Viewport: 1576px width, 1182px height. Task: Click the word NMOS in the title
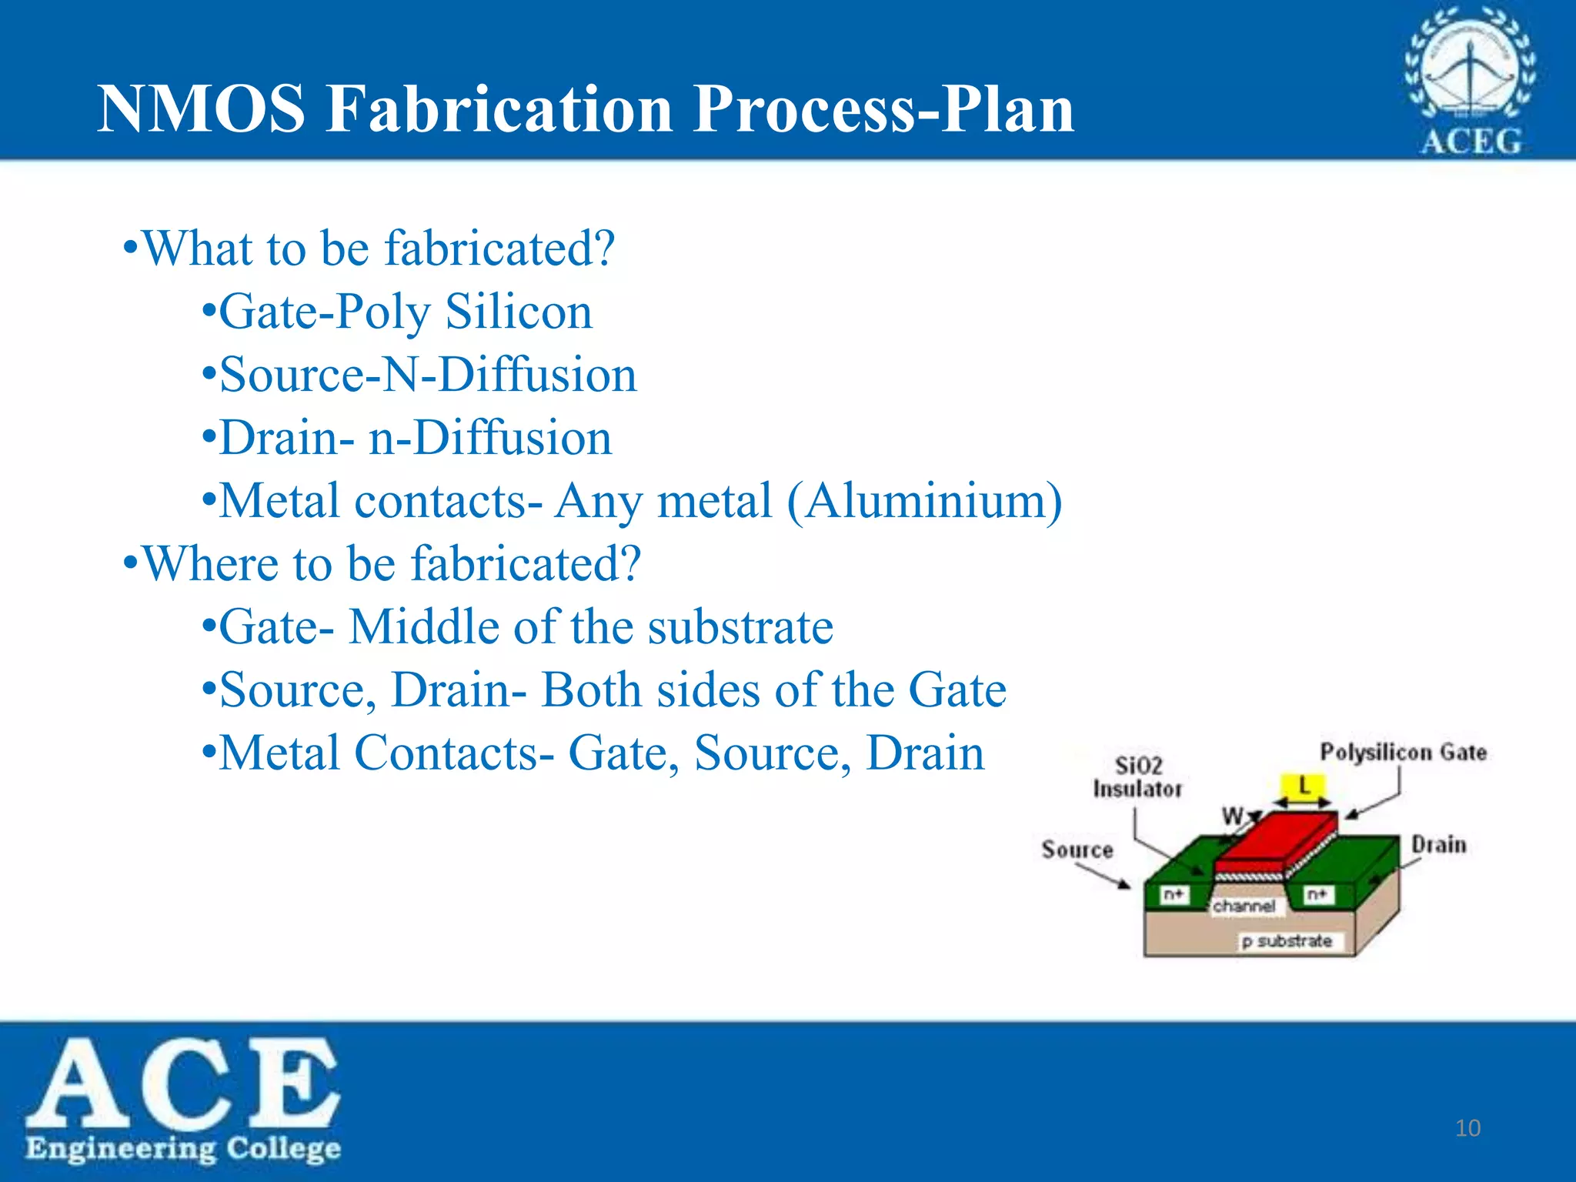click(202, 110)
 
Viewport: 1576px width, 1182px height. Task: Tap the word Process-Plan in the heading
click(883, 110)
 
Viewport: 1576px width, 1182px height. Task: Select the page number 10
click(1467, 1128)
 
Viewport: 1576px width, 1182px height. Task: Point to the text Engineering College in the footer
click(183, 1148)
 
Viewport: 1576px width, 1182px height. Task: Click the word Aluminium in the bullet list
click(923, 501)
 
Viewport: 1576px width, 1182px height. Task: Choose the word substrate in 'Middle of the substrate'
click(740, 626)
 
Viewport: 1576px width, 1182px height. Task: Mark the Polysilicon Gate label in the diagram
click(1403, 752)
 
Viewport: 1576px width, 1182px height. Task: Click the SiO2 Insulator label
click(1137, 777)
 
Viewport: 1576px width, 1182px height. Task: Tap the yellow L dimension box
click(1304, 786)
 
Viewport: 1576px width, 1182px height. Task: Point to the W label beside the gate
click(1232, 815)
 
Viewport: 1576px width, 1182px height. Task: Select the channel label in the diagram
click(1244, 907)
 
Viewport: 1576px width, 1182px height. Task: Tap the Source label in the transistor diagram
click(1077, 850)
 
